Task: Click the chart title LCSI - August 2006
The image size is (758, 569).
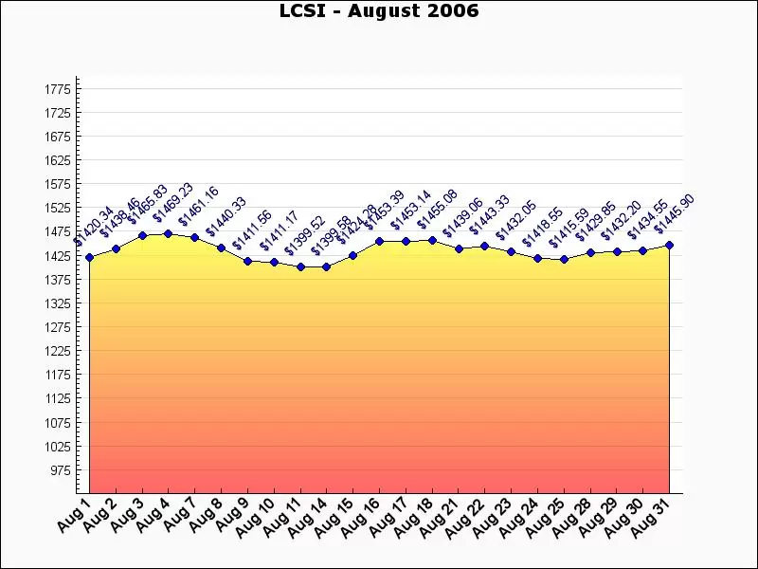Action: point(379,11)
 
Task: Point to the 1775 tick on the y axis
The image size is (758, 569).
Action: point(58,89)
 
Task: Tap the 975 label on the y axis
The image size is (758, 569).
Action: point(60,470)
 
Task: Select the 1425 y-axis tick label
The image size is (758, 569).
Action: point(58,256)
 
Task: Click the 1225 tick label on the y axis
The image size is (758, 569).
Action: point(58,351)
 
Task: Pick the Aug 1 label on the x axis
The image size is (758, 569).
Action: point(74,515)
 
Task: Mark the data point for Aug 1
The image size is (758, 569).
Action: point(89,257)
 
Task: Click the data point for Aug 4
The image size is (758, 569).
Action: point(168,233)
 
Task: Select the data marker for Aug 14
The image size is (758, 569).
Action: point(326,266)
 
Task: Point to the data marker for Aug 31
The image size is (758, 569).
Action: point(669,245)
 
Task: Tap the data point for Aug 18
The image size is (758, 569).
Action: point(432,240)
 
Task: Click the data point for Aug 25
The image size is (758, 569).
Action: point(564,259)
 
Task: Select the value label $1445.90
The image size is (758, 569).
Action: point(676,214)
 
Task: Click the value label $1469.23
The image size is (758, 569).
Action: point(173,203)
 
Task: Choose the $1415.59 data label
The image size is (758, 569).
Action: point(570,229)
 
